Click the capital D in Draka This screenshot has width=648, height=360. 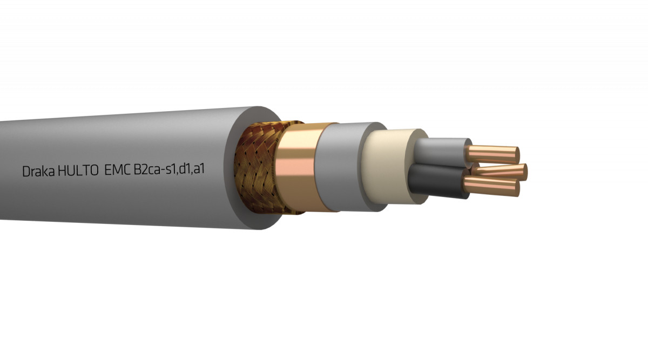(x=26, y=172)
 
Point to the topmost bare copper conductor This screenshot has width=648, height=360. (x=494, y=154)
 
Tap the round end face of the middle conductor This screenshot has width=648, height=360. (x=523, y=172)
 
